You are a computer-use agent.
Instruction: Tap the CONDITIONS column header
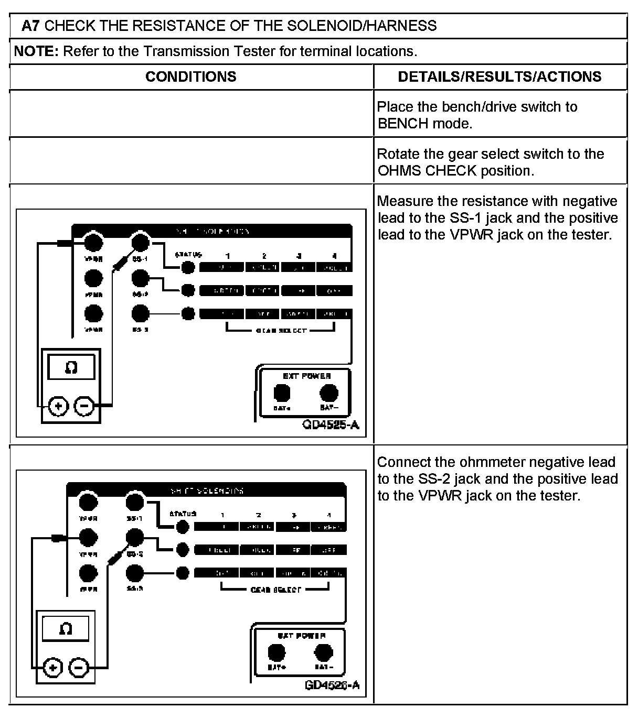pyautogui.click(x=190, y=77)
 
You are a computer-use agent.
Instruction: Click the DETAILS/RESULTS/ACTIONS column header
pyautogui.click(x=499, y=77)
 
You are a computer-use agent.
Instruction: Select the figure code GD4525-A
pyautogui.click(x=331, y=424)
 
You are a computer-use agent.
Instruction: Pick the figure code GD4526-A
pyautogui.click(x=332, y=685)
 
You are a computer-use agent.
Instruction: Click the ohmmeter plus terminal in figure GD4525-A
pyautogui.click(x=58, y=406)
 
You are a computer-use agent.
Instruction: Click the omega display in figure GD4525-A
pyautogui.click(x=71, y=367)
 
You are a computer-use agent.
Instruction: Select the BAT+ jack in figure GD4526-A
pyautogui.click(x=277, y=653)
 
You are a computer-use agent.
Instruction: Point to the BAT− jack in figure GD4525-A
pyautogui.click(x=329, y=393)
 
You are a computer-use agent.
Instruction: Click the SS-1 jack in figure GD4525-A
pyautogui.click(x=140, y=242)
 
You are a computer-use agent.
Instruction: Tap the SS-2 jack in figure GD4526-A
pyautogui.click(x=135, y=537)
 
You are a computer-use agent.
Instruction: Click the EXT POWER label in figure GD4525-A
pyautogui.click(x=306, y=376)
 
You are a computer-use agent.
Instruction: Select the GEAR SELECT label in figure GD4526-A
pyautogui.click(x=275, y=590)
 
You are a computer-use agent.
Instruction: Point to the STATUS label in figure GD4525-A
pyautogui.click(x=188, y=255)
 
